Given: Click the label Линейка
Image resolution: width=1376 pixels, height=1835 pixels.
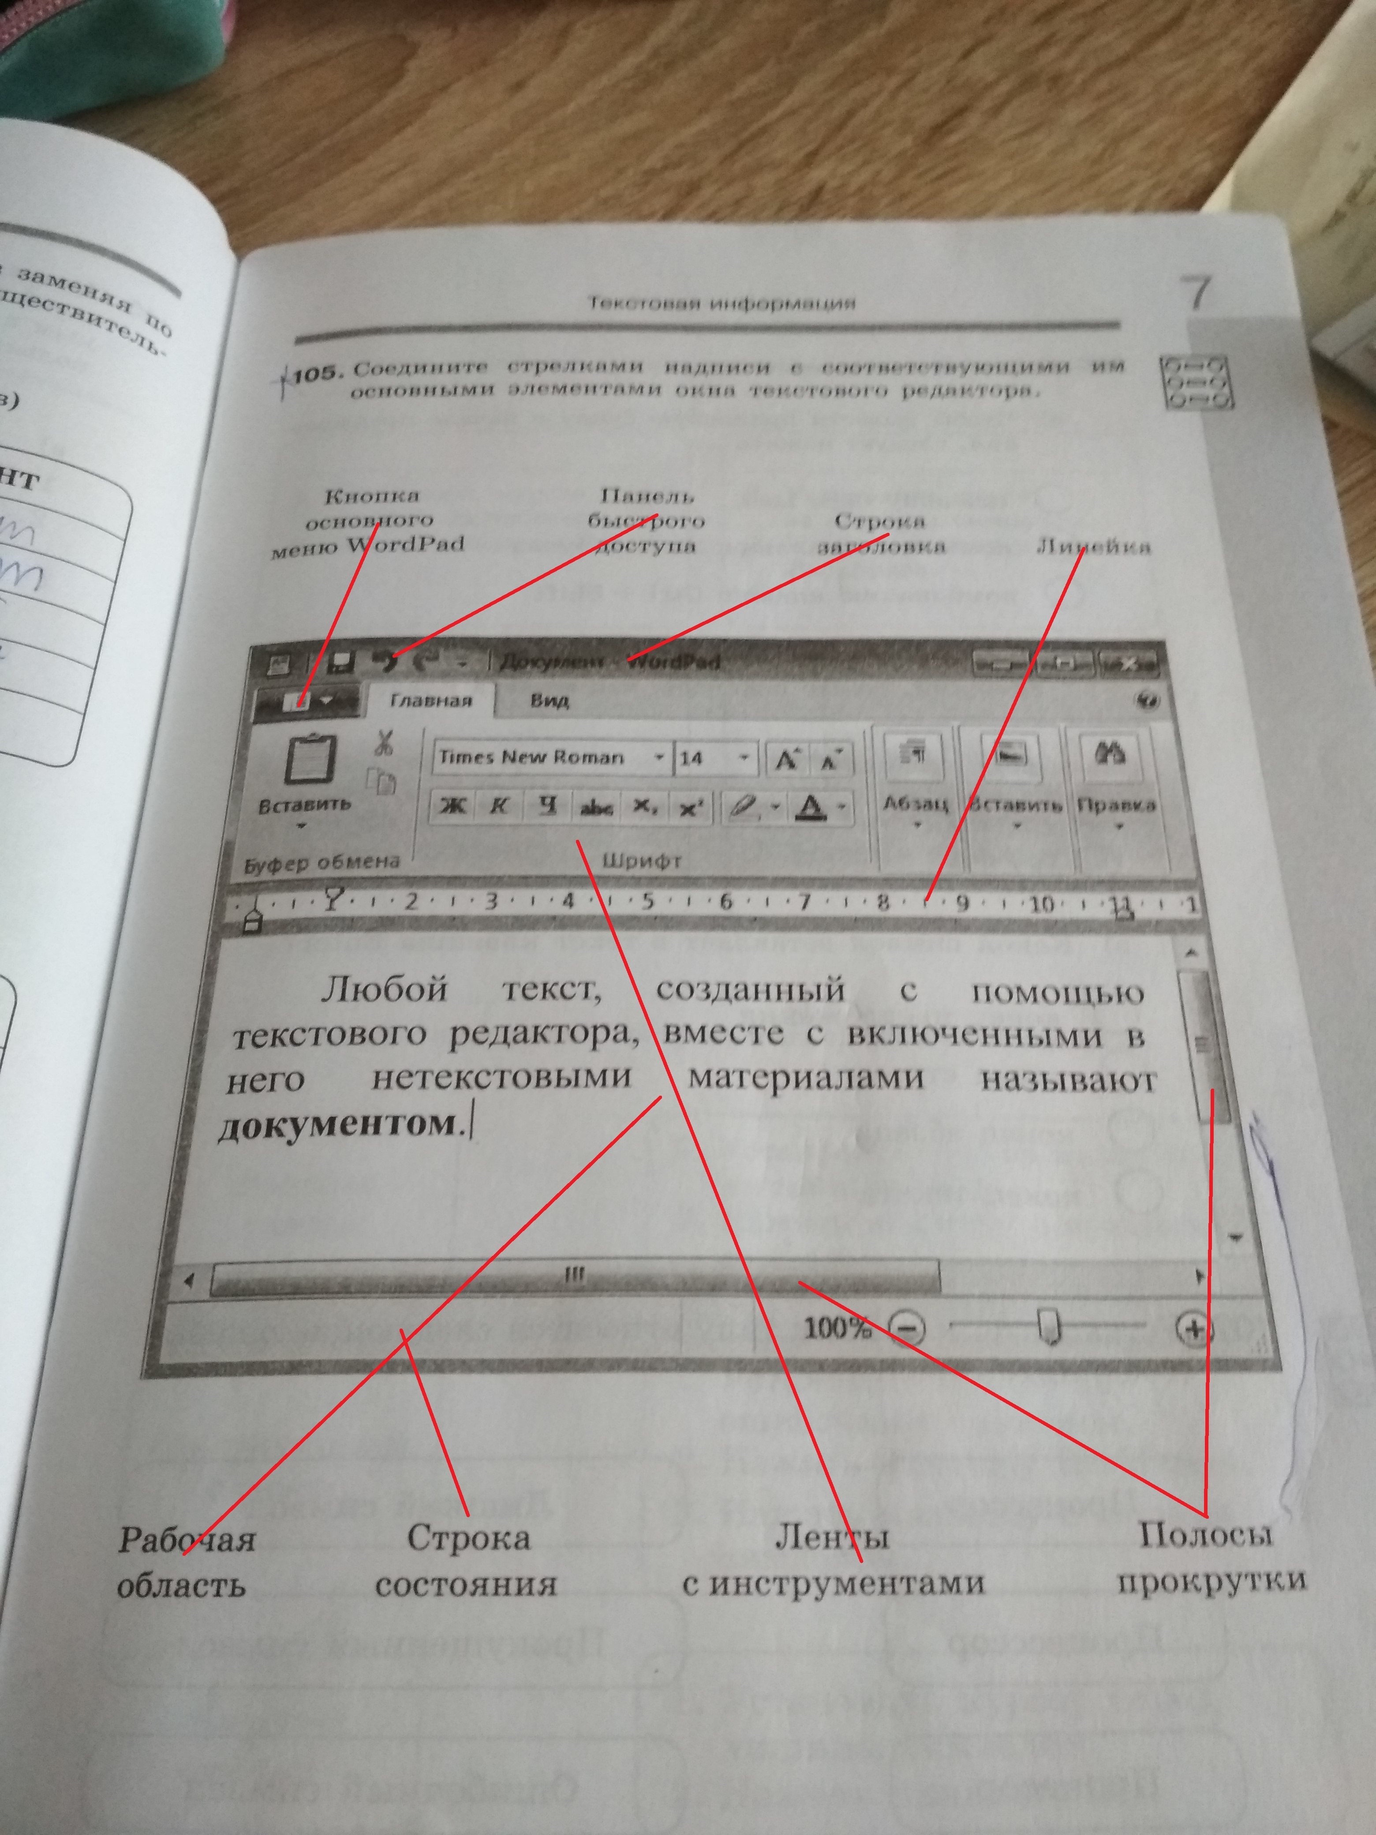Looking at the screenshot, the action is point(1093,547).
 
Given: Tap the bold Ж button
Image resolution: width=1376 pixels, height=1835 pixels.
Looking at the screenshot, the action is point(452,805).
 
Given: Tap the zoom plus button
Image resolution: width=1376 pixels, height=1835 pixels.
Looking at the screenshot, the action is point(1193,1330).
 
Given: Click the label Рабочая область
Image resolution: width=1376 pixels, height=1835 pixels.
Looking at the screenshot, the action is point(186,1561).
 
